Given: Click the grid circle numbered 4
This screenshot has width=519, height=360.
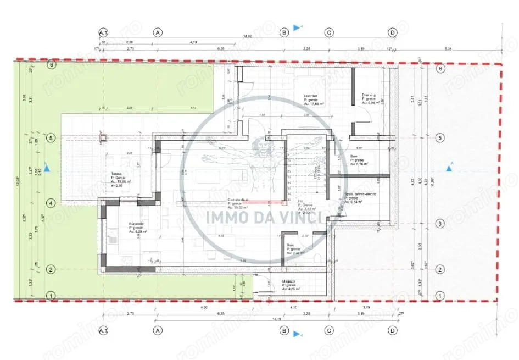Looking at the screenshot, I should pos(51,203).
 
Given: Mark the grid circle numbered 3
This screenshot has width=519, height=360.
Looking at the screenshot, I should pos(439,224).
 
